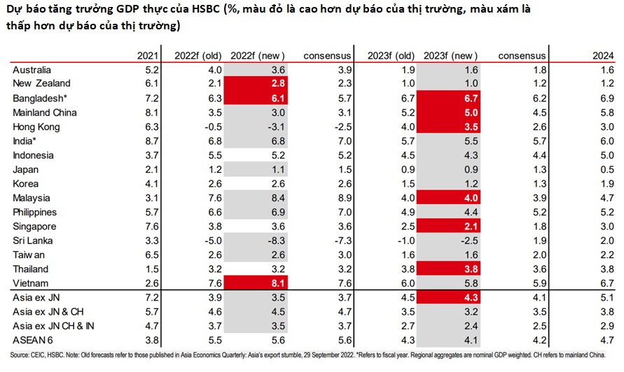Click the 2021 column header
click(148, 56)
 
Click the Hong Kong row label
click(36, 127)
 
